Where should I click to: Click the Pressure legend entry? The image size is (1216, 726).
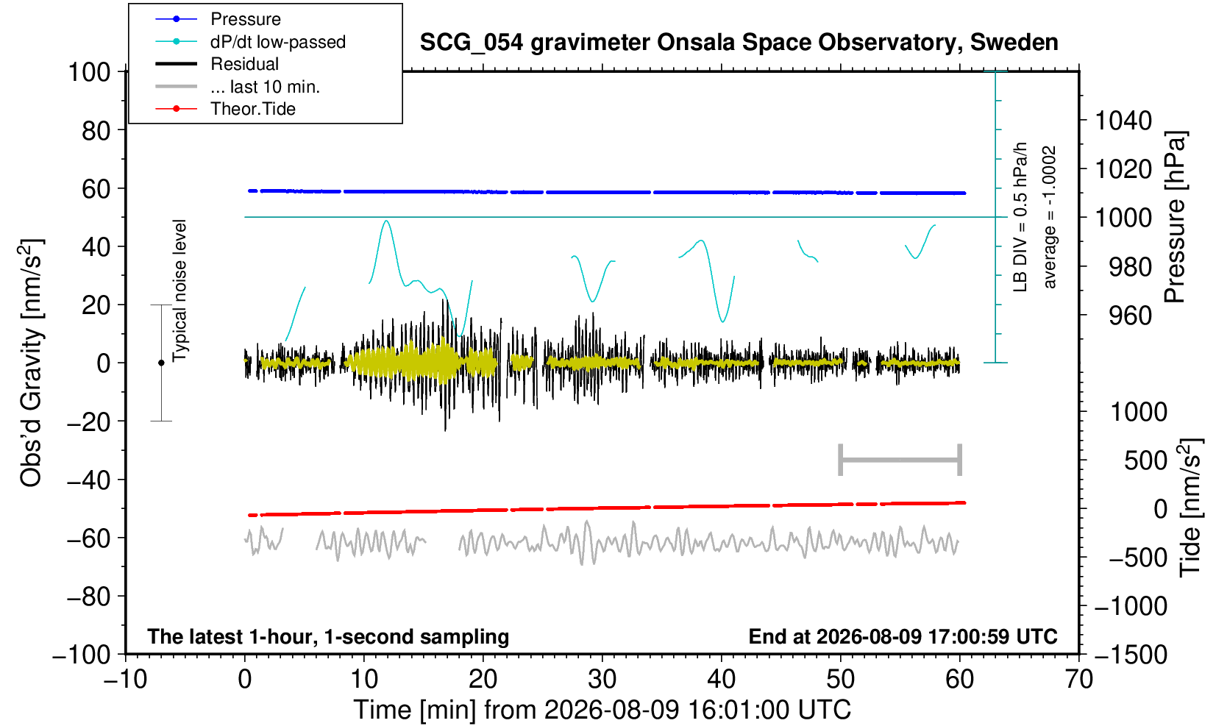[218, 20]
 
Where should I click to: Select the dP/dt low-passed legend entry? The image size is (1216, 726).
[250, 42]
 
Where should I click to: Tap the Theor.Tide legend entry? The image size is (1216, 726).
[225, 109]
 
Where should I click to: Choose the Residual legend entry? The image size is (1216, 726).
[217, 64]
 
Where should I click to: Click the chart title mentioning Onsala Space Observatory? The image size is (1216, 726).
[739, 43]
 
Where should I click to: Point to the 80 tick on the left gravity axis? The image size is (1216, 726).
[96, 131]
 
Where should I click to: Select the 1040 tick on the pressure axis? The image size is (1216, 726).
[1123, 121]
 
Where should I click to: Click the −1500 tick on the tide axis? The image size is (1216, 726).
[1131, 655]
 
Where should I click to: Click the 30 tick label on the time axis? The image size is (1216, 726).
[602, 680]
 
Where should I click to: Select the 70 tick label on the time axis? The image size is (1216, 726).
[1078, 680]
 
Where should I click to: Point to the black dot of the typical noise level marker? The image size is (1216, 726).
[161, 363]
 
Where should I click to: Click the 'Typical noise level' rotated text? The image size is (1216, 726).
[179, 291]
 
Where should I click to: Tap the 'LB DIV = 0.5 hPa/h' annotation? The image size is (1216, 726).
[1020, 217]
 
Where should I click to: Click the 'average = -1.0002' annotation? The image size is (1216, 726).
[1050, 217]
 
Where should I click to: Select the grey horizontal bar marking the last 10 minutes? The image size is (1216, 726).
[900, 460]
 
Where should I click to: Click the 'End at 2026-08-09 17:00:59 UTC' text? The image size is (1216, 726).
[903, 636]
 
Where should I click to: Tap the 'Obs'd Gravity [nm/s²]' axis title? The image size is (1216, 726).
[31, 363]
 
